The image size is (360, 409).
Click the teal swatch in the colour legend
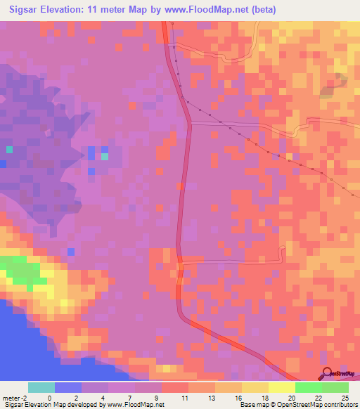41,387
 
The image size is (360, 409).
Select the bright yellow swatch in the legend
281,387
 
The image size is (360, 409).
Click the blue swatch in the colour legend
68,387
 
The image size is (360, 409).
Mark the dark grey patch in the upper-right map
328,89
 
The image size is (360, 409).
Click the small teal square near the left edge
9,150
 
